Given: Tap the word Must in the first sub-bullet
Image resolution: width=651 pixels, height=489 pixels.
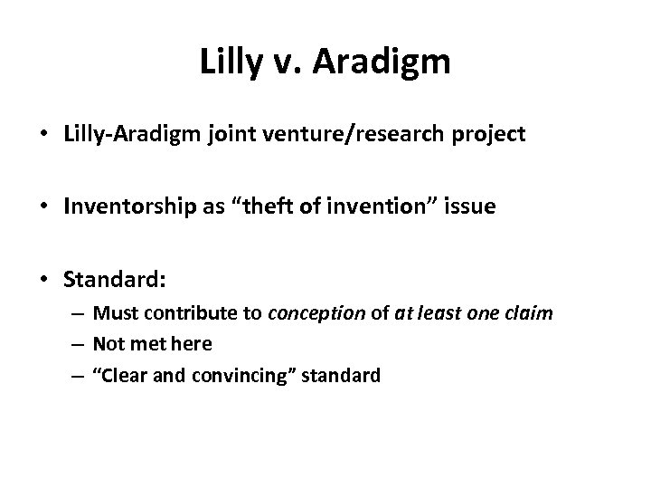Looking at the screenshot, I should [x=113, y=315].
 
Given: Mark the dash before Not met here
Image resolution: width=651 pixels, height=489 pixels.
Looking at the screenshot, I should [x=80, y=345].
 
